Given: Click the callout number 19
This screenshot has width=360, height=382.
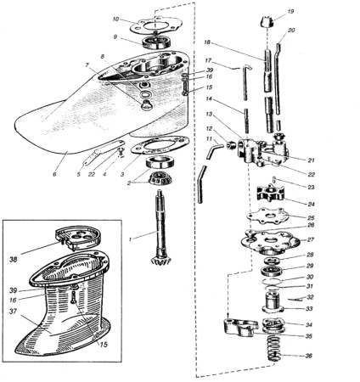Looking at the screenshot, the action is (290, 12).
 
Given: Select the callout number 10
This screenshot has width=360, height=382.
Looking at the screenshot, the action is (116, 20).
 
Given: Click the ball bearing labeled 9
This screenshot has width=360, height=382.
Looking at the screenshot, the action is (156, 42).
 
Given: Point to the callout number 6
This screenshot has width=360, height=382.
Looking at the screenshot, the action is (54, 174).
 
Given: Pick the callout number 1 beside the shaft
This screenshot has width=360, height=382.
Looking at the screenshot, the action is (130, 239).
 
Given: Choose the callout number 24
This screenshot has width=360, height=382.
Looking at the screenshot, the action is (311, 204).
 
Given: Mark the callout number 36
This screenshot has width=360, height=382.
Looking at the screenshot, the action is (308, 356).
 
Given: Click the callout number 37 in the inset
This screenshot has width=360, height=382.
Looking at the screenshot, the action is (13, 312).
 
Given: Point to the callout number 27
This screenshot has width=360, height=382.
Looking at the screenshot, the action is (311, 239).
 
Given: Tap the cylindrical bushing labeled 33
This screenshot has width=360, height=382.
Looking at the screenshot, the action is (273, 302).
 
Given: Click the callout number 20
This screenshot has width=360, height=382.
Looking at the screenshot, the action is (291, 30).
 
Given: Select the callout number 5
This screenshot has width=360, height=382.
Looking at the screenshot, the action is (79, 174).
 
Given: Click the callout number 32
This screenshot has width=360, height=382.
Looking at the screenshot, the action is (310, 297).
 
